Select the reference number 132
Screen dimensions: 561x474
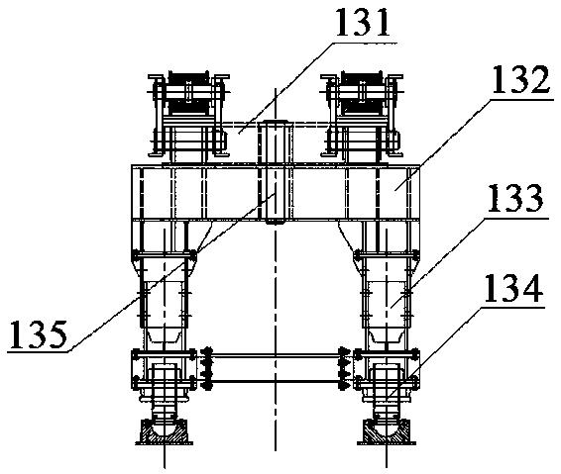click(x=520, y=79)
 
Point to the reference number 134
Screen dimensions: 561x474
click(x=512, y=288)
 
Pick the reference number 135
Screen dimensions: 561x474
click(x=39, y=334)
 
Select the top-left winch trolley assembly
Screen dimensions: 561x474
click(x=188, y=115)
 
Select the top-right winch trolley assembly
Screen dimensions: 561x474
click(x=362, y=115)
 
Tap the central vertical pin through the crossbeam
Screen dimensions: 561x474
click(x=276, y=172)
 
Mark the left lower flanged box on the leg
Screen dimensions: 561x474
click(x=164, y=369)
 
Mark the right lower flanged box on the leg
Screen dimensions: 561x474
click(x=387, y=369)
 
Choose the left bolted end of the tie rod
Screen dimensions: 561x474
click(x=207, y=368)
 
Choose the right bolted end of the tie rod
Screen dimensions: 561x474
click(x=344, y=368)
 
